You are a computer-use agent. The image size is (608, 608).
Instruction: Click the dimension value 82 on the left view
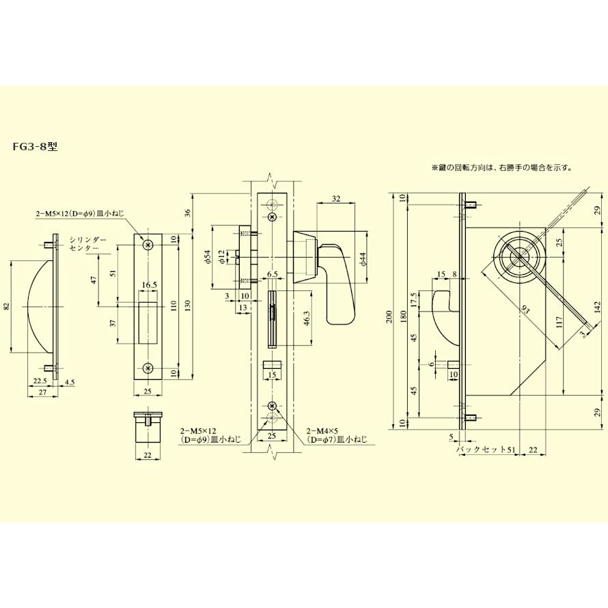coord(7,307)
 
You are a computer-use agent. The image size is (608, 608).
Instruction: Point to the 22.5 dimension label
coord(39,381)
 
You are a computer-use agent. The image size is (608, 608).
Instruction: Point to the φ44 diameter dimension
coord(363,259)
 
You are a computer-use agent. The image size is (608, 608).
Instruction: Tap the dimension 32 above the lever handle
coord(335,199)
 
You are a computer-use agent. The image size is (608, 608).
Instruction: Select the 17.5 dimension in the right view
coord(413,301)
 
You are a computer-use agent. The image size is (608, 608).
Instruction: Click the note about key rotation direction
coord(501,167)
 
